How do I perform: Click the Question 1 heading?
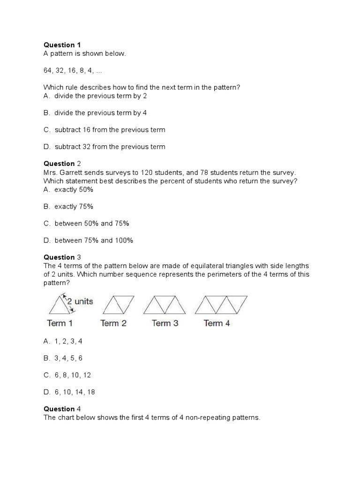click(x=62, y=45)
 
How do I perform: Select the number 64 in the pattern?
click(x=48, y=70)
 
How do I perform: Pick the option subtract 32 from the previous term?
click(x=105, y=147)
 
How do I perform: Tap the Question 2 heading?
click(x=62, y=164)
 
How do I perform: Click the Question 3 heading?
click(x=62, y=257)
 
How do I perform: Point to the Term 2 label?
click(x=113, y=323)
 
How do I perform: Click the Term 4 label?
click(x=217, y=323)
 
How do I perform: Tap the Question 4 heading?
click(x=62, y=409)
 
